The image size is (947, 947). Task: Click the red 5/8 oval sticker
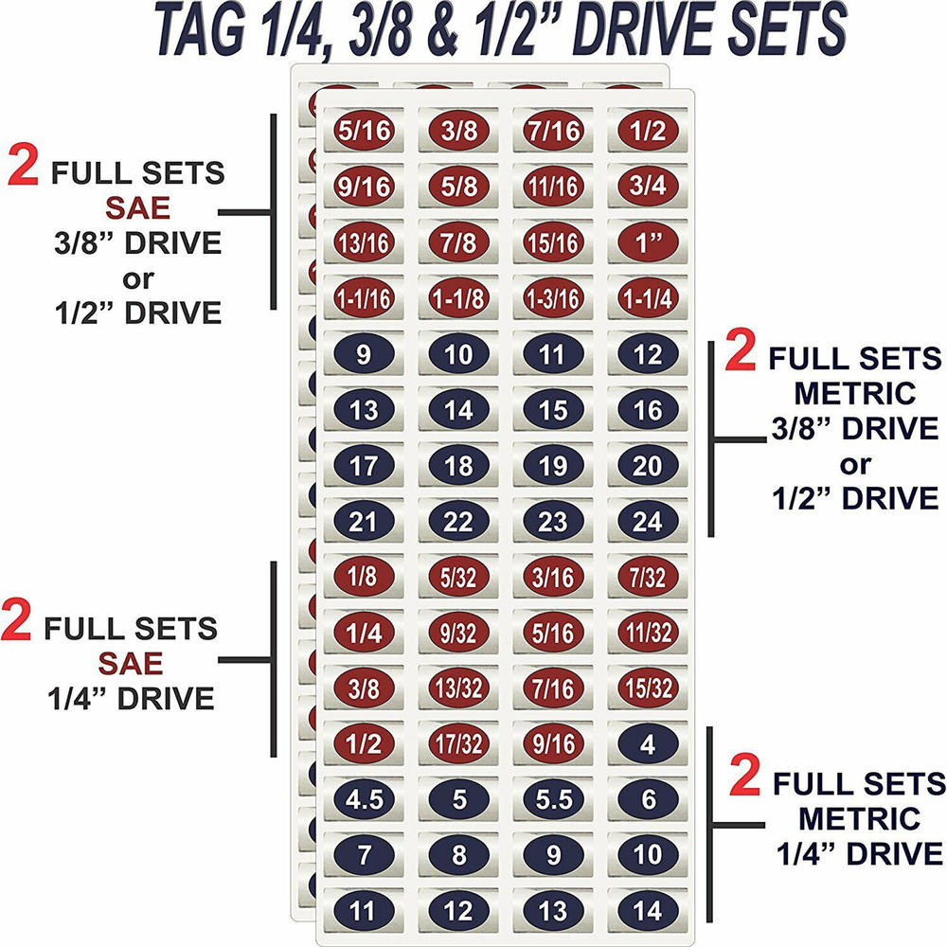(459, 186)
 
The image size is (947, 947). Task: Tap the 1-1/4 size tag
(649, 299)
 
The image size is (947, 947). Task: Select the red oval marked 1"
(649, 242)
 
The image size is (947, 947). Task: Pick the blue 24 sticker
(649, 521)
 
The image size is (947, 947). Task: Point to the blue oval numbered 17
(364, 466)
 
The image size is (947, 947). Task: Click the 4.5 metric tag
(364, 799)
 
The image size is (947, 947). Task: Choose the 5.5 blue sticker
(554, 799)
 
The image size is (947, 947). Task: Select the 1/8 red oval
(364, 577)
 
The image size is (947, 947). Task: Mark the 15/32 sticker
(649, 688)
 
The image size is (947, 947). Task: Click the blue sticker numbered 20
(649, 466)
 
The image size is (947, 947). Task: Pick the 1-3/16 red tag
(554, 299)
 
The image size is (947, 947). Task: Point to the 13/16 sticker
(364, 242)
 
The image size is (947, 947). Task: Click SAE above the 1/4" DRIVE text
(133, 663)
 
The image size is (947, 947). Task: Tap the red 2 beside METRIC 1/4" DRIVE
(747, 778)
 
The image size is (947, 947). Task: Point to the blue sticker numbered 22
(459, 521)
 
